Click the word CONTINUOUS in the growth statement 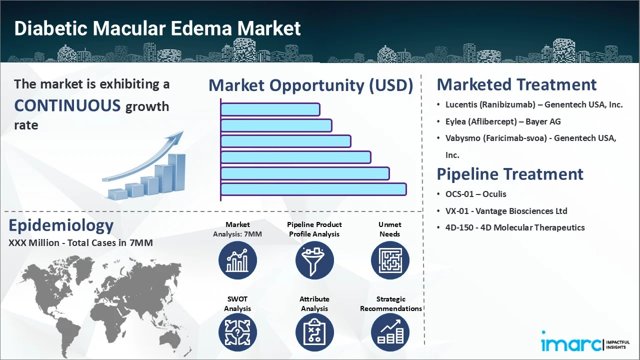point(67,106)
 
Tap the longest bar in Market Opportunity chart point(313,189)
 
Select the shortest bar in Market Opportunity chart point(270,109)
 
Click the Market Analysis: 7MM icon point(237,260)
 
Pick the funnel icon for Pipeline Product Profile point(314,260)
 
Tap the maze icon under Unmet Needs point(389,260)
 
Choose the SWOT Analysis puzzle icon point(237,333)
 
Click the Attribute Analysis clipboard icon point(314,333)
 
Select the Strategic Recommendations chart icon point(389,333)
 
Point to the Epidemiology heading point(61,226)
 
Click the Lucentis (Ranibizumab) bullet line point(534,105)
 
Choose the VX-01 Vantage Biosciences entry point(506,211)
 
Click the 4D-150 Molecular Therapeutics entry point(515,227)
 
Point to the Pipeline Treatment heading point(510,174)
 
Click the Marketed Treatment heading point(516,84)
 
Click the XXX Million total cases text point(80,243)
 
